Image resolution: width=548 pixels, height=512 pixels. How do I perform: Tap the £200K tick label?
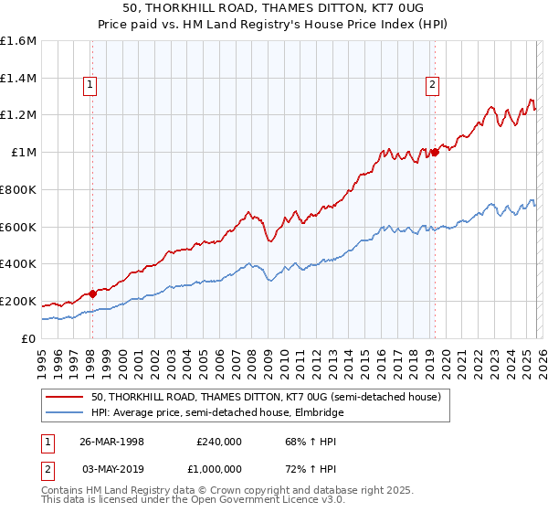tap(18, 301)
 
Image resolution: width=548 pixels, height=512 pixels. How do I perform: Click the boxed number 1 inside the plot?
tap(91, 85)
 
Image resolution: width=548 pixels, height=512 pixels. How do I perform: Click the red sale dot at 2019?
tap(435, 153)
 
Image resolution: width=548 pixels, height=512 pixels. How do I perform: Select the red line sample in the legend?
tap(65, 398)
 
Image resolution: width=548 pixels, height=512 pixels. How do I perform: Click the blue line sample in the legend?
tap(65, 413)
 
